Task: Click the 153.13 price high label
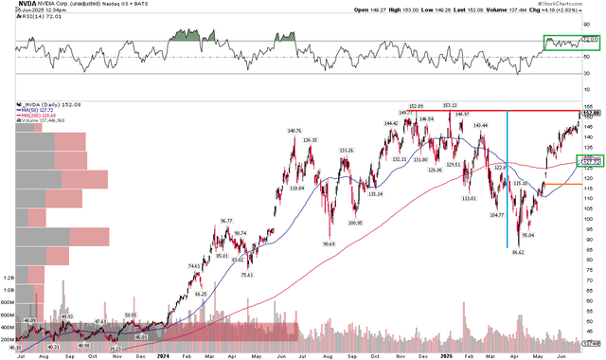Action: pos(449,105)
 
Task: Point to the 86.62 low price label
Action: pos(517,252)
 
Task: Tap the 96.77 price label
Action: pos(225,221)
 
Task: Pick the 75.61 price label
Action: pos(247,276)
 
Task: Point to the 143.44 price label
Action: pos(480,125)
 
